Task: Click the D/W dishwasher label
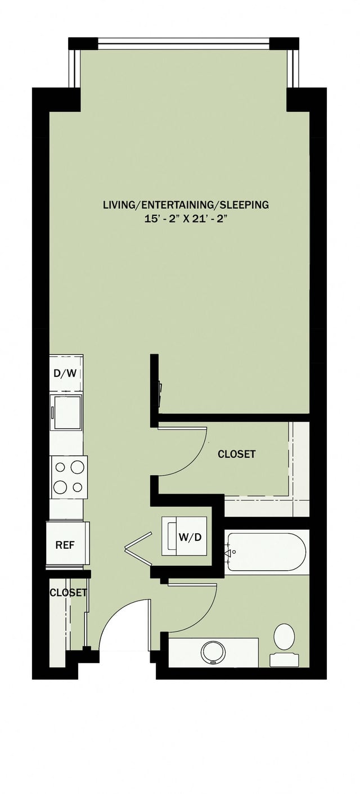[66, 373]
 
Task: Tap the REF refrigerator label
[65, 545]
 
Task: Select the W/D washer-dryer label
[190, 537]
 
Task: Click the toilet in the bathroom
[284, 637]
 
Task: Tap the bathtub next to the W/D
[266, 552]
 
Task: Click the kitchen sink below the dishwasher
[66, 412]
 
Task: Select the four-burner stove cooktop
[69, 477]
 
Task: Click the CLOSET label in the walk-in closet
[236, 454]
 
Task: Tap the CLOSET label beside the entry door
[68, 592]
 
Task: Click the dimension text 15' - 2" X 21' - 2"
[186, 218]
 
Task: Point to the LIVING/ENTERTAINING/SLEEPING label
[186, 205]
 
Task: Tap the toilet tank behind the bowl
[284, 660]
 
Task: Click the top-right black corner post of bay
[284, 43]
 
